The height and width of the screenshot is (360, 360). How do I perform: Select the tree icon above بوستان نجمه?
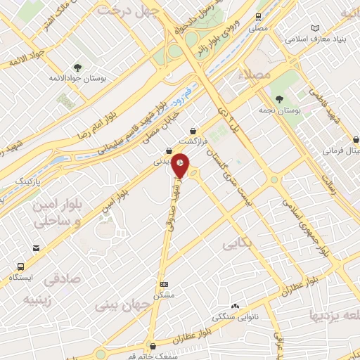(279, 99)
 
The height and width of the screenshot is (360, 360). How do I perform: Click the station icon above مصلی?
(259, 16)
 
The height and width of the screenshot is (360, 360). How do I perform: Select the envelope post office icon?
(36, 247)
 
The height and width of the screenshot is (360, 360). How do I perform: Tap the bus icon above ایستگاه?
(20, 266)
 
